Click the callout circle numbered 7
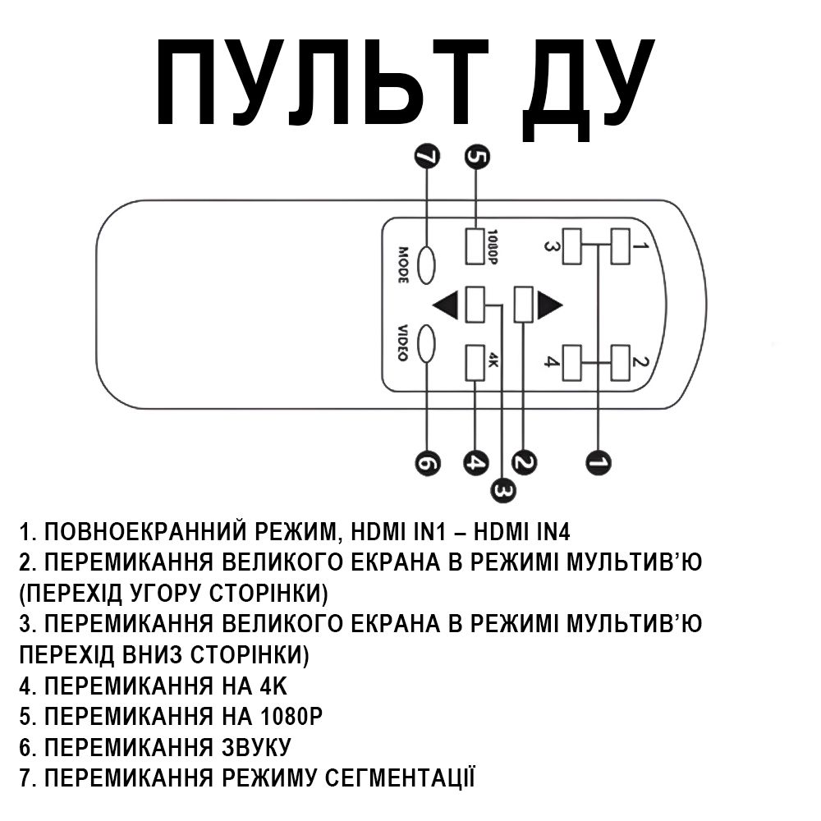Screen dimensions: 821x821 [427, 157]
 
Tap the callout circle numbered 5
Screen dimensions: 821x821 [477, 157]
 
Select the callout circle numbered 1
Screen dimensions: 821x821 [599, 462]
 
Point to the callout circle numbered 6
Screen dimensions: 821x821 [427, 463]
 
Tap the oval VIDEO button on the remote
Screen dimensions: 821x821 [426, 343]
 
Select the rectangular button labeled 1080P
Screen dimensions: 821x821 [475, 246]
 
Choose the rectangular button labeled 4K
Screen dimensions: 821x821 [475, 363]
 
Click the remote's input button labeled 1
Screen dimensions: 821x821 [621, 246]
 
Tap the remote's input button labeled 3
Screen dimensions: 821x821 [571, 246]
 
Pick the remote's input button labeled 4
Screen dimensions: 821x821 [571, 363]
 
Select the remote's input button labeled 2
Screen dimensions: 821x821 [621, 363]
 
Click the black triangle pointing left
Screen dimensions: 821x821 [446, 305]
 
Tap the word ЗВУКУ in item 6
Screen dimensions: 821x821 [255, 748]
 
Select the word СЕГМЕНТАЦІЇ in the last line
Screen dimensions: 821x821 [400, 777]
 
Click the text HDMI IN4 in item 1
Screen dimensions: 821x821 [521, 532]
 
